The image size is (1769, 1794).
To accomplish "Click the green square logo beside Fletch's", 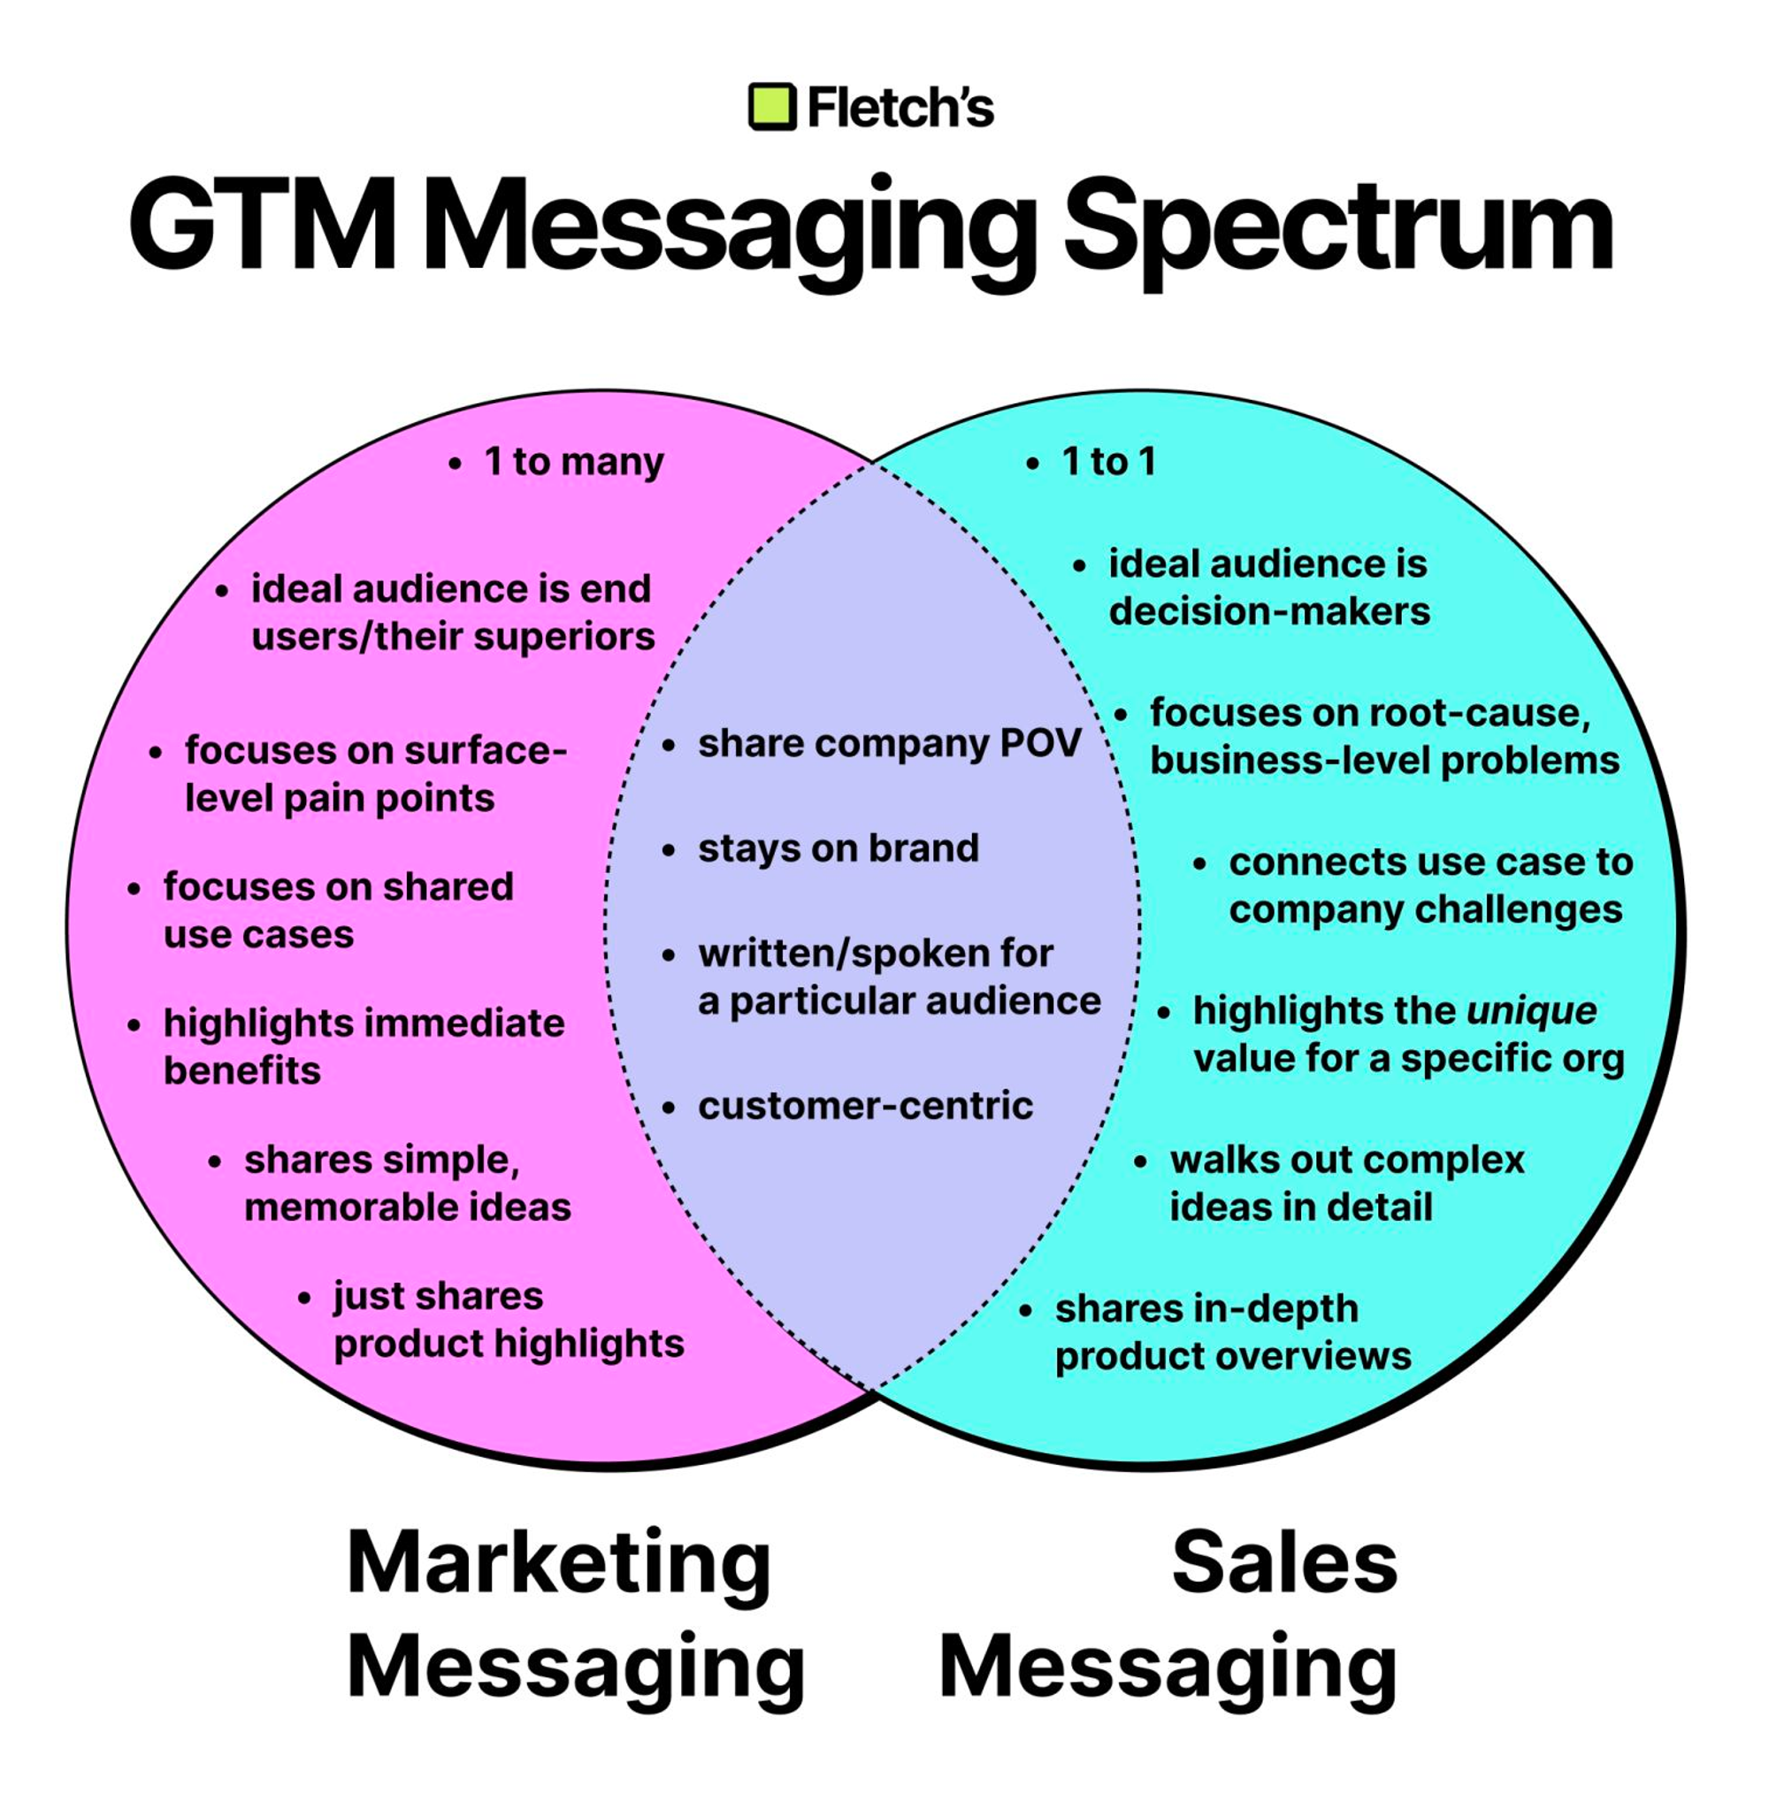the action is [x=771, y=107].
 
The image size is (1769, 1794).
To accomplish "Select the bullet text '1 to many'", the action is [x=574, y=462].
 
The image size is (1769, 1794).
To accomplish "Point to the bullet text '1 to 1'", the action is [x=1109, y=462].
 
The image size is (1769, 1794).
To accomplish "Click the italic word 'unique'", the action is [x=1532, y=1011].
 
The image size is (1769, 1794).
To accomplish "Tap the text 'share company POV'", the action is [x=890, y=743].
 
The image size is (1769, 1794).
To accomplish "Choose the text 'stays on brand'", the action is [x=839, y=847].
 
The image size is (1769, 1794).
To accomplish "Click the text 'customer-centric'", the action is [x=865, y=1106].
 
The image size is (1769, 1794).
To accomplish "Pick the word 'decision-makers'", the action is [x=1269, y=612].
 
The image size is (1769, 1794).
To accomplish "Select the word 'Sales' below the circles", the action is [x=1284, y=1563].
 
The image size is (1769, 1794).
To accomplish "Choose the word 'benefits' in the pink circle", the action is [x=242, y=1070].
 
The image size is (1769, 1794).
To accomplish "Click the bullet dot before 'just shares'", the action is [x=303, y=1297].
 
